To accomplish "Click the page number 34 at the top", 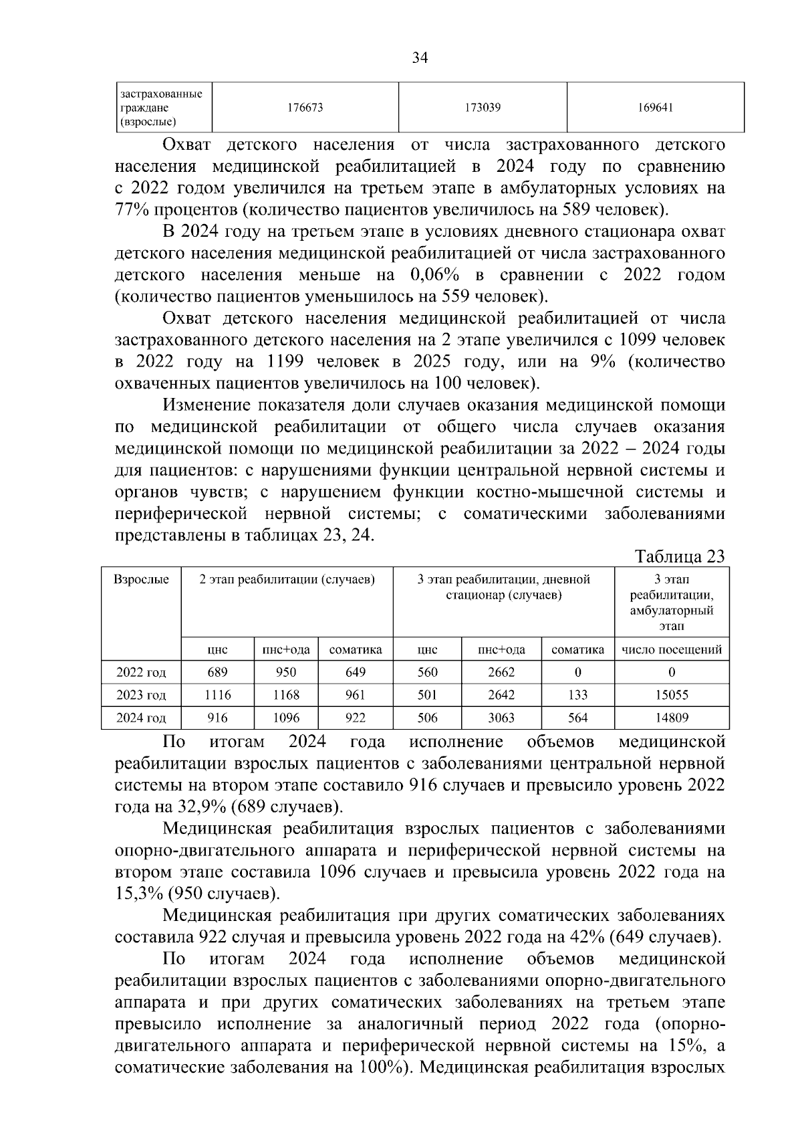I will tap(420, 58).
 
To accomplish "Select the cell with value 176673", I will tap(305, 107).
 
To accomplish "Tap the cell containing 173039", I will tap(483, 107).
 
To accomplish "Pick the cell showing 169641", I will tap(655, 107).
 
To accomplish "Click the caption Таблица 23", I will tap(680, 557).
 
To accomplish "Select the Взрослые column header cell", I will tap(141, 580).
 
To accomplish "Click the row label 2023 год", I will tap(141, 695).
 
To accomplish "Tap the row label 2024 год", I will tap(141, 718).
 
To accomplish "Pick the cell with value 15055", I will tap(672, 695).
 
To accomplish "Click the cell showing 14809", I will tap(672, 718).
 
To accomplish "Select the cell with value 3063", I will tap(501, 718).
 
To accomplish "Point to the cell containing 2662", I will tap(501, 672).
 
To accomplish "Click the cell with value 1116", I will tap(218, 695).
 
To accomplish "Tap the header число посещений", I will tap(672, 649).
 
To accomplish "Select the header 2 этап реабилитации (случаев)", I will tap(287, 580).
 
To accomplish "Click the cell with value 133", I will tap(577, 695).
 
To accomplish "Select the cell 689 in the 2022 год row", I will tap(218, 672).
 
